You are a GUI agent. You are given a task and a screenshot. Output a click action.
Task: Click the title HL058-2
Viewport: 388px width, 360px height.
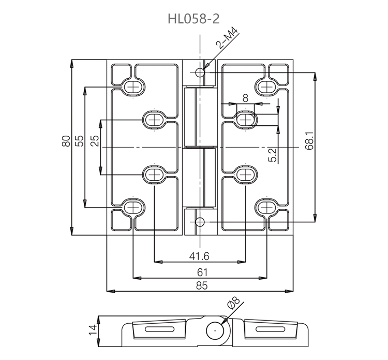[x=193, y=19]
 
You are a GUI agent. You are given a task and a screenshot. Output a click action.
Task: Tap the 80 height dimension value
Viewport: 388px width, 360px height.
[x=66, y=141]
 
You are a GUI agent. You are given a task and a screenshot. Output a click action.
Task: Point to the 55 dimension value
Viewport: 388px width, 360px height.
[x=79, y=141]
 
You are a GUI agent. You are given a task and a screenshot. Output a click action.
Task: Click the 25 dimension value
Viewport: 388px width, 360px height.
[x=95, y=141]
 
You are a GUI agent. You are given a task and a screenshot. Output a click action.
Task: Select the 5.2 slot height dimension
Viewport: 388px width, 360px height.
[x=273, y=154]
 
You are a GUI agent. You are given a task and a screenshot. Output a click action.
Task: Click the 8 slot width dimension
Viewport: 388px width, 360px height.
[x=245, y=97]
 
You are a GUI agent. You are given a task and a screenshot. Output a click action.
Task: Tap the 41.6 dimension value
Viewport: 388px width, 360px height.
[x=199, y=255]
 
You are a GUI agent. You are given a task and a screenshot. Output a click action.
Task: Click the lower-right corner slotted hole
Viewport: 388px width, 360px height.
[x=267, y=207]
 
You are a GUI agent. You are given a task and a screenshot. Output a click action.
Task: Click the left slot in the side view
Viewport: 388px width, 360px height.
[x=159, y=329]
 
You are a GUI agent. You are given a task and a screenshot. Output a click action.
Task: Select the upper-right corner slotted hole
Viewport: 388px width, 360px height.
[x=267, y=86]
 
